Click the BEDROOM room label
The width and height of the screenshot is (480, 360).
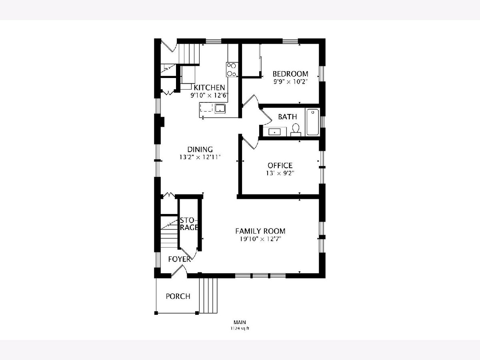(290, 74)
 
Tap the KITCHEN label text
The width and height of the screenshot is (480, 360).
(209, 88)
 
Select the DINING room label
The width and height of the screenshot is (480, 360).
(200, 149)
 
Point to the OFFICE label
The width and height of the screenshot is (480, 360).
(280, 165)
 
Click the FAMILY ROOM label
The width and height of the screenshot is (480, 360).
(260, 231)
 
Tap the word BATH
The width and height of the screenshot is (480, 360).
(287, 117)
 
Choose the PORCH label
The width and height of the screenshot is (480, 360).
(178, 296)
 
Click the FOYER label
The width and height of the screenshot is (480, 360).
(179, 259)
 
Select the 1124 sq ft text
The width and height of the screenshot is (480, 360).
(240, 328)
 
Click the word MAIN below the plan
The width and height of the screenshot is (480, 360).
(240, 322)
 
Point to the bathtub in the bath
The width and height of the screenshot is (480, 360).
(312, 122)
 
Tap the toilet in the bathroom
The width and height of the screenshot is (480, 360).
(296, 130)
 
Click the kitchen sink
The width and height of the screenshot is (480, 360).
(220, 108)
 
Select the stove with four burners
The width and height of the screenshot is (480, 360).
(232, 70)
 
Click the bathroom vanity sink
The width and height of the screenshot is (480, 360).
(274, 132)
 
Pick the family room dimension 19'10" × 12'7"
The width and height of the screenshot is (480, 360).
(260, 239)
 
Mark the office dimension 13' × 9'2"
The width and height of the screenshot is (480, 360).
(280, 173)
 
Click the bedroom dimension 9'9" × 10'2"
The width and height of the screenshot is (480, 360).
(290, 82)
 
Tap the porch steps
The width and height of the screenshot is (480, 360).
(208, 296)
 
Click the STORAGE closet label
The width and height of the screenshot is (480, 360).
(189, 224)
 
